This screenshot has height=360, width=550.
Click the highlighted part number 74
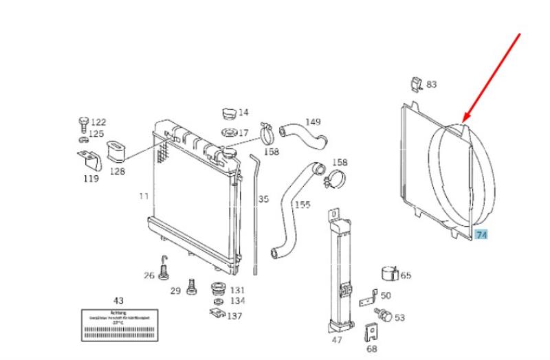(x=481, y=235)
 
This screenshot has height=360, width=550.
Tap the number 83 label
(x=431, y=85)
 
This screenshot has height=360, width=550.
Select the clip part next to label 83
(x=415, y=83)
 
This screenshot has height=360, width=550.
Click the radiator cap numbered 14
(x=228, y=113)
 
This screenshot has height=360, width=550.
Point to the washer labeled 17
(x=228, y=132)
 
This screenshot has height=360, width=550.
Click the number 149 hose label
(x=313, y=122)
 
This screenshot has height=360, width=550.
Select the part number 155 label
(x=302, y=205)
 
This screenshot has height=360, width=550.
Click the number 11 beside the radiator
(x=143, y=196)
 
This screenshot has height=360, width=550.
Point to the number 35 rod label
(x=263, y=200)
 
